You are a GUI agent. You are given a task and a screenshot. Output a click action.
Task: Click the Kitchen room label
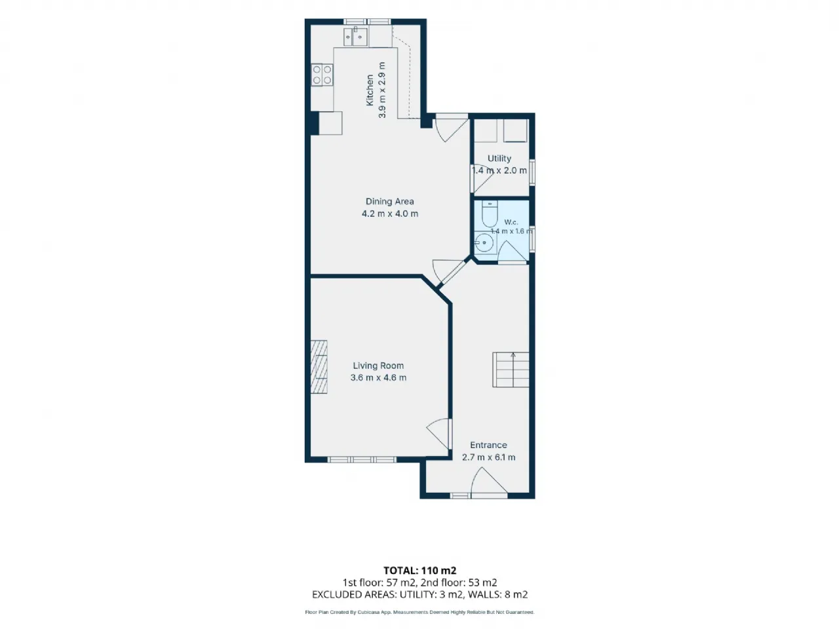pos(370,90)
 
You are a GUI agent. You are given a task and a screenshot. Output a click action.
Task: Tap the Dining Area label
pos(389,201)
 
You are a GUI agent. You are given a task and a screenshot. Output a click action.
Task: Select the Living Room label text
pos(378,366)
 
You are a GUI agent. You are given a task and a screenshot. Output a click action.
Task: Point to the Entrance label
pos(488,445)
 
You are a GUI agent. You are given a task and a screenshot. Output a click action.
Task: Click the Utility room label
pos(499,158)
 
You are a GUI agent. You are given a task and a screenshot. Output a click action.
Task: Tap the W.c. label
pos(511,222)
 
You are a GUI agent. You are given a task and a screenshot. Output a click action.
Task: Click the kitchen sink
pos(355,37)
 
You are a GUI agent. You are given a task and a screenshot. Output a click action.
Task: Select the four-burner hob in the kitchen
pos(322,75)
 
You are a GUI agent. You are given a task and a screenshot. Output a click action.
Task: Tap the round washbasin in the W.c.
pos(484,242)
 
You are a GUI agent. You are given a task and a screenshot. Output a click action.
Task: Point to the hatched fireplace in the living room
pos(319,367)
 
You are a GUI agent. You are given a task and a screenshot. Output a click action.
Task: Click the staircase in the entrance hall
pos(511,370)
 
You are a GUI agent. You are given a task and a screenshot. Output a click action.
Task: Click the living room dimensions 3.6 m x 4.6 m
pos(378,377)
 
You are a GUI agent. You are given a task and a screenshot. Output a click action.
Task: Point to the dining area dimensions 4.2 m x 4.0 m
pos(390,214)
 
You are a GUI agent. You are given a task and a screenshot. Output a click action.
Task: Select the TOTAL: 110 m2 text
pos(419,571)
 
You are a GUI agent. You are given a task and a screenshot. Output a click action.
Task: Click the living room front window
pos(362,459)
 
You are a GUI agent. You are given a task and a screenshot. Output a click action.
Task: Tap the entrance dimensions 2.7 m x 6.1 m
pos(488,457)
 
